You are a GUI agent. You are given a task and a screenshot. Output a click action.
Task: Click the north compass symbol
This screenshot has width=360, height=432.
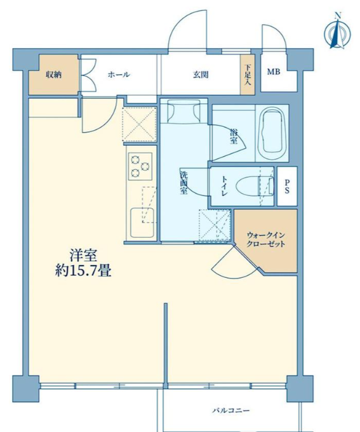point(337,32)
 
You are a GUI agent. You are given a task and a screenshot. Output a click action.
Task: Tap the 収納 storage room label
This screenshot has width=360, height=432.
point(53,74)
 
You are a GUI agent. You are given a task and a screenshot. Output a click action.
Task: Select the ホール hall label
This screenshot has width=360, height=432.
point(119,74)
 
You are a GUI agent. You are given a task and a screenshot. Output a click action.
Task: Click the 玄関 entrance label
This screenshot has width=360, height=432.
point(201,75)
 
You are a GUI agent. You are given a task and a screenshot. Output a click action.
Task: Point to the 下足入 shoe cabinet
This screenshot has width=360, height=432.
point(248,75)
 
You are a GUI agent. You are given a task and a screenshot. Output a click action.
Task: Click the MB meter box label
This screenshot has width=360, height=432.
point(274,72)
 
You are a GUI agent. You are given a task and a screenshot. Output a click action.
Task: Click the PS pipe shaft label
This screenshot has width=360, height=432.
point(287,187)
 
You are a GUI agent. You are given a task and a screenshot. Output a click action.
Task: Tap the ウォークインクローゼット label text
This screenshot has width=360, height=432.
point(266,240)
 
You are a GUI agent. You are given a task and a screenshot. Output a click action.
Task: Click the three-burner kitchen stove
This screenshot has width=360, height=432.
point(140,166)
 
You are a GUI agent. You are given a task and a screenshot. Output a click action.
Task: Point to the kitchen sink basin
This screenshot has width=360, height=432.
point(142,222)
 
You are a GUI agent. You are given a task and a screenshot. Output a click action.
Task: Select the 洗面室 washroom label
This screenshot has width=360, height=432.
point(183,183)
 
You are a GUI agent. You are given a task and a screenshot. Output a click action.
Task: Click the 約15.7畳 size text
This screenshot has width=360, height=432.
point(83,272)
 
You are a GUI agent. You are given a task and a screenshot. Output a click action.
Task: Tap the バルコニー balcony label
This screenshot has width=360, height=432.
point(231,410)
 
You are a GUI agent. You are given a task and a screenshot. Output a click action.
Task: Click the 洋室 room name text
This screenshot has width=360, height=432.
point(83,256)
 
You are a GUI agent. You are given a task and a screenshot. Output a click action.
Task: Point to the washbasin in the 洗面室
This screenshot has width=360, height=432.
point(184,110)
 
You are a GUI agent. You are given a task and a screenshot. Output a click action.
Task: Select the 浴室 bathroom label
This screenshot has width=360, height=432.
point(234,136)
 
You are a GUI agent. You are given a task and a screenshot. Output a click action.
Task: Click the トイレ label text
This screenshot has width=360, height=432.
point(224,186)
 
